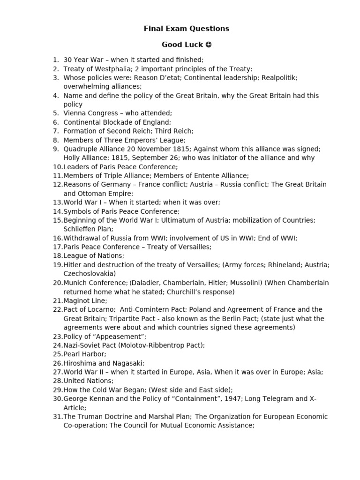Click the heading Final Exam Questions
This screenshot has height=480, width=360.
pyautogui.click(x=186, y=29)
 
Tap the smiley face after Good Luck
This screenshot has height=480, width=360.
pyautogui.click(x=209, y=45)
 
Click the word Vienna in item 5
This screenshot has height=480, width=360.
pyautogui.click(x=75, y=113)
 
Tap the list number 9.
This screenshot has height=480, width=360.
pyautogui.click(x=56, y=149)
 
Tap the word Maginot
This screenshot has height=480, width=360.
pyautogui.click(x=76, y=300)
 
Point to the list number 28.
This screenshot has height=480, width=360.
pyautogui.click(x=58, y=381)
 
